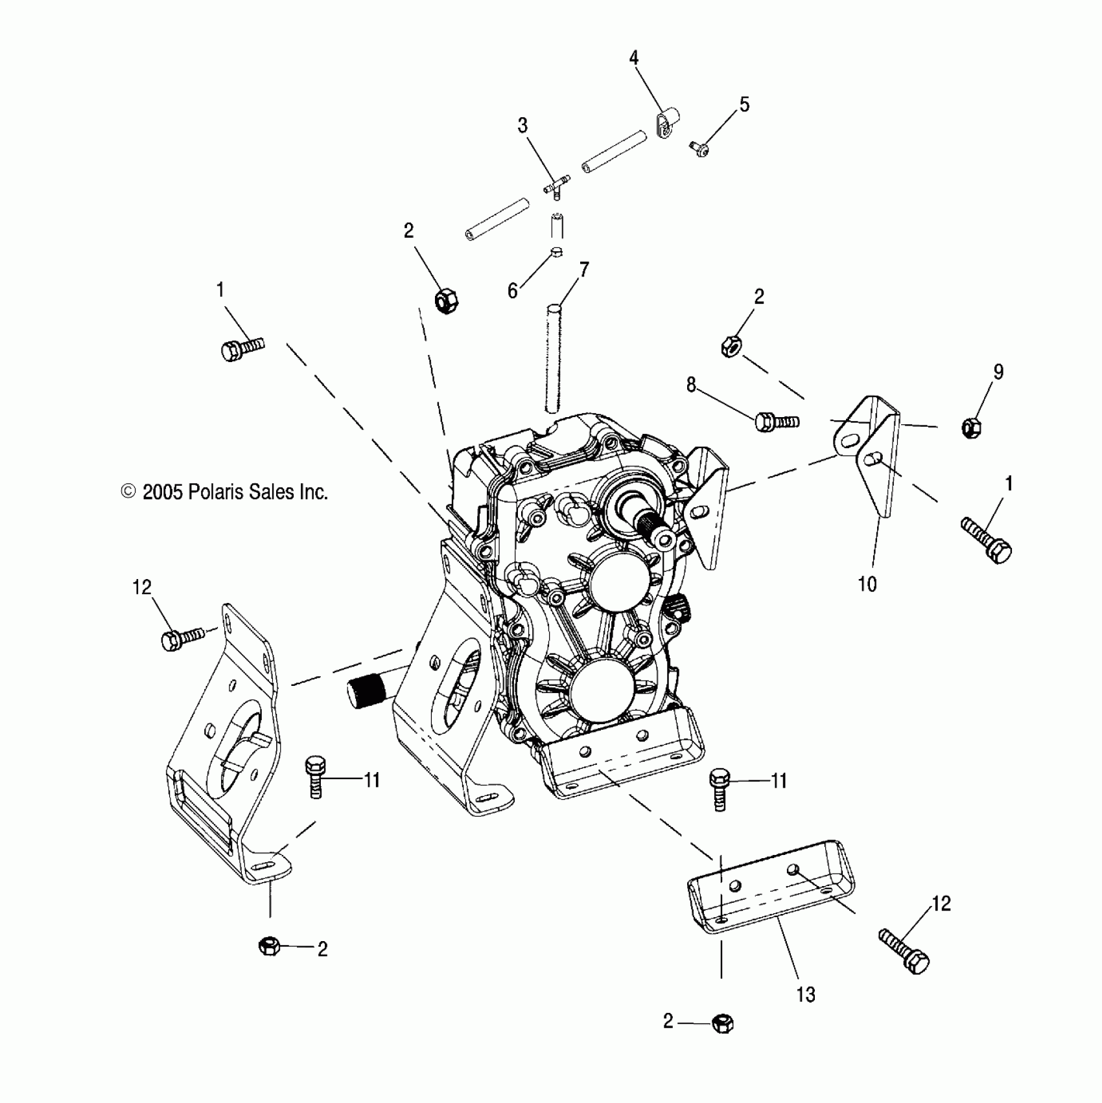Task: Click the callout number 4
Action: pos(633,58)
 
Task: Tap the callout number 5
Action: pos(744,104)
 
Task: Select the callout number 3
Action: pos(522,126)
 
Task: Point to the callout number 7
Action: pos(584,269)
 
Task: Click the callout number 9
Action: pos(998,372)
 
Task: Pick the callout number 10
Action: pos(867,584)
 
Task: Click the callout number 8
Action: pos(691,385)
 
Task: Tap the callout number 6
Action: pos(513,291)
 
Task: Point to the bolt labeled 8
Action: pos(775,422)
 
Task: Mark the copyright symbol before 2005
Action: pos(128,492)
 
